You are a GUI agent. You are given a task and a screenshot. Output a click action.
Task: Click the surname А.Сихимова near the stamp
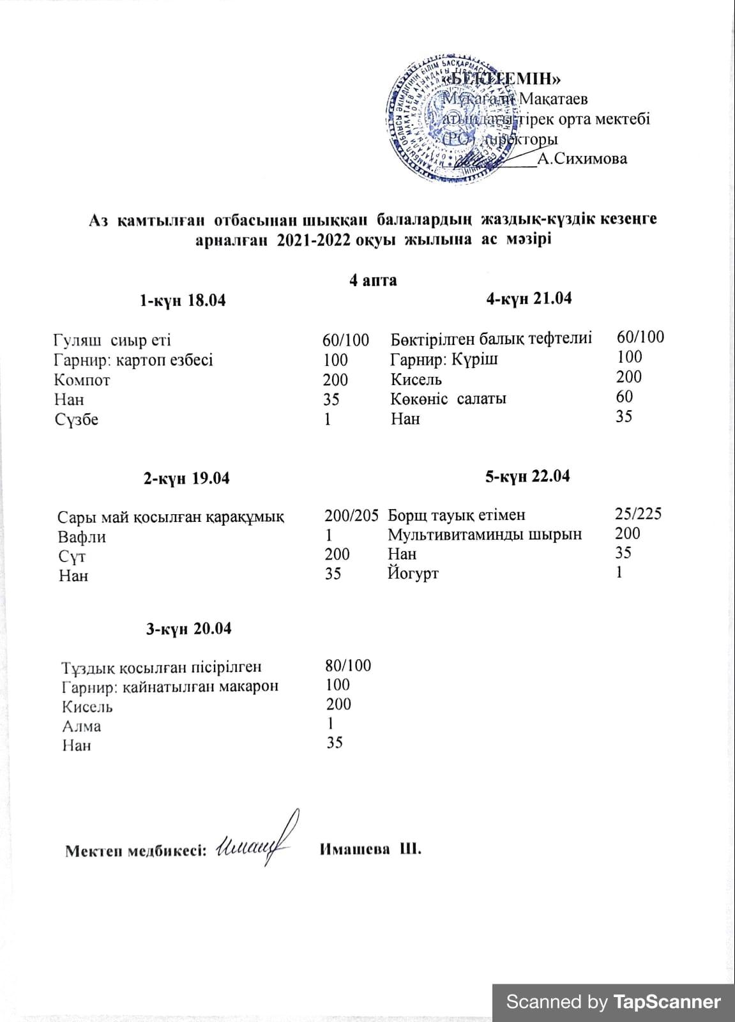[582, 159]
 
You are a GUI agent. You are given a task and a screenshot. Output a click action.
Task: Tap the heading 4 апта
[373, 280]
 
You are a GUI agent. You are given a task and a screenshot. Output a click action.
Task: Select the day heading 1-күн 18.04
[183, 301]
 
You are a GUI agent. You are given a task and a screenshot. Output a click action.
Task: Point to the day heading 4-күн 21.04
[529, 298]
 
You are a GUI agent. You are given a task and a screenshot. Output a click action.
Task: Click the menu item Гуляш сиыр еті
[112, 340]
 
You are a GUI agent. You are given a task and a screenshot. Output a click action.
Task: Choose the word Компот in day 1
[82, 380]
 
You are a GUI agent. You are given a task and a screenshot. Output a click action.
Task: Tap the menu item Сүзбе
[77, 420]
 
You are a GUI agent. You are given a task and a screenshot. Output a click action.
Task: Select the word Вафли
[82, 537]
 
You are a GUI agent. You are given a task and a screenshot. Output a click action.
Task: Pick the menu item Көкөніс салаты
[448, 399]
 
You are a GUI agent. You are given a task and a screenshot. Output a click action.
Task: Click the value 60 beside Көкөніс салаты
[625, 397]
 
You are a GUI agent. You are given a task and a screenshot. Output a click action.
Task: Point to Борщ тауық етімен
[457, 515]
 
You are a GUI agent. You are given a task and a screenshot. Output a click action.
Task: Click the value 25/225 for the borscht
[638, 514]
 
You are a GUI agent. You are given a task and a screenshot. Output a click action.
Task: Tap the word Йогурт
[413, 574]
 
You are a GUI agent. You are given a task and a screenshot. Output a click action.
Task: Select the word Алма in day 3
[81, 726]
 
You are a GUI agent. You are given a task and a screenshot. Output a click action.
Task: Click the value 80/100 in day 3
[348, 666]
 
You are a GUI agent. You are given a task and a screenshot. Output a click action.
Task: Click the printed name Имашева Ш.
[370, 850]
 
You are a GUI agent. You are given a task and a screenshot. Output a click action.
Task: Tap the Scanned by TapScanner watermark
[613, 1002]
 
